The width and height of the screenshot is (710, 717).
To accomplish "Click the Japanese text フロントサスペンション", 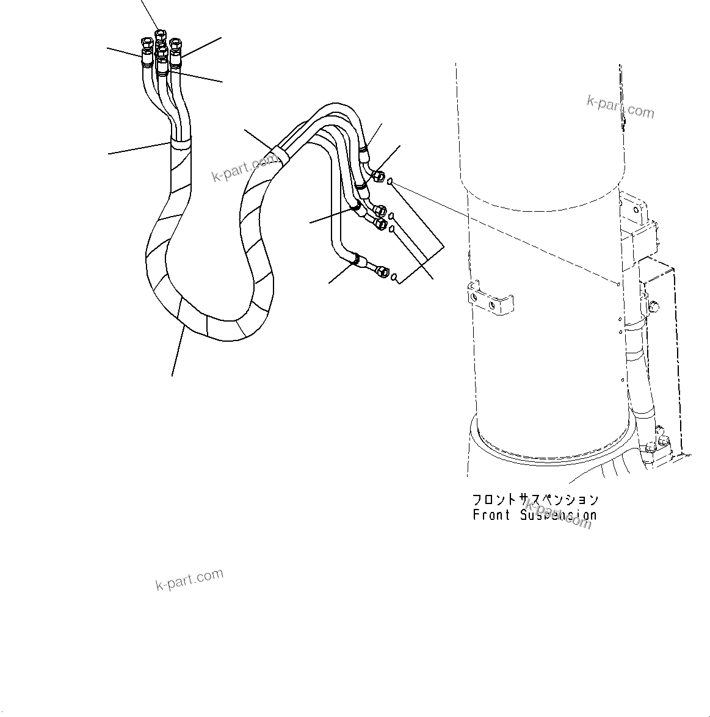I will (x=535, y=500).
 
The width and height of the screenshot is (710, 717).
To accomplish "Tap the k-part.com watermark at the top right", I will (x=620, y=107).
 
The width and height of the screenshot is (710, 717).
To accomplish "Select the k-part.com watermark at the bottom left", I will (x=189, y=580).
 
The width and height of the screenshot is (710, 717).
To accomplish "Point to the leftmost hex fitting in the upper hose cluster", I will (x=147, y=43).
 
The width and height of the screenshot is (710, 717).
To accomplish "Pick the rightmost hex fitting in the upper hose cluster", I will (x=176, y=44).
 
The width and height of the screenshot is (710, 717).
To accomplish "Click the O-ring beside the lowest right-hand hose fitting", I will (x=395, y=278).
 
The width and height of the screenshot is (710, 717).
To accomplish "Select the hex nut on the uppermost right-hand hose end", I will (x=377, y=175).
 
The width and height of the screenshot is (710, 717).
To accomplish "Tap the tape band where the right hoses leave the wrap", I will (x=278, y=152).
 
